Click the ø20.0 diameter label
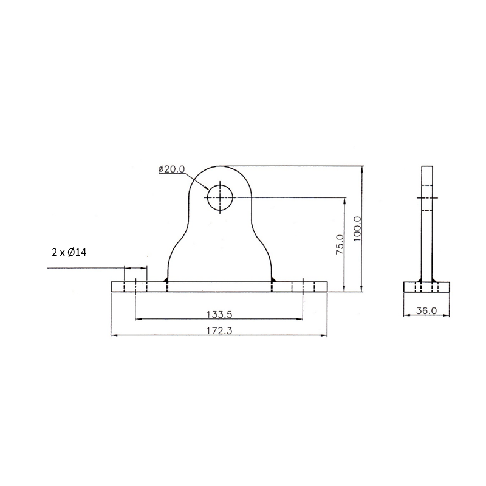[x=171, y=169]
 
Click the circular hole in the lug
[x=220, y=197]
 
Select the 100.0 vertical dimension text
[x=357, y=229]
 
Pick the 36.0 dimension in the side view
[x=426, y=310]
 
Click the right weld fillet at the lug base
[x=273, y=279]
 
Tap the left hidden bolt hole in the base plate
[x=135, y=287]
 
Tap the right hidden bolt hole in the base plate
[x=302, y=287]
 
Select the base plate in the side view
[x=427, y=287]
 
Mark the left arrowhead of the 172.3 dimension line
[x=114, y=335]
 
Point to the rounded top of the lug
[x=220, y=168]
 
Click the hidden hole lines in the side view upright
[x=428, y=197]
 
